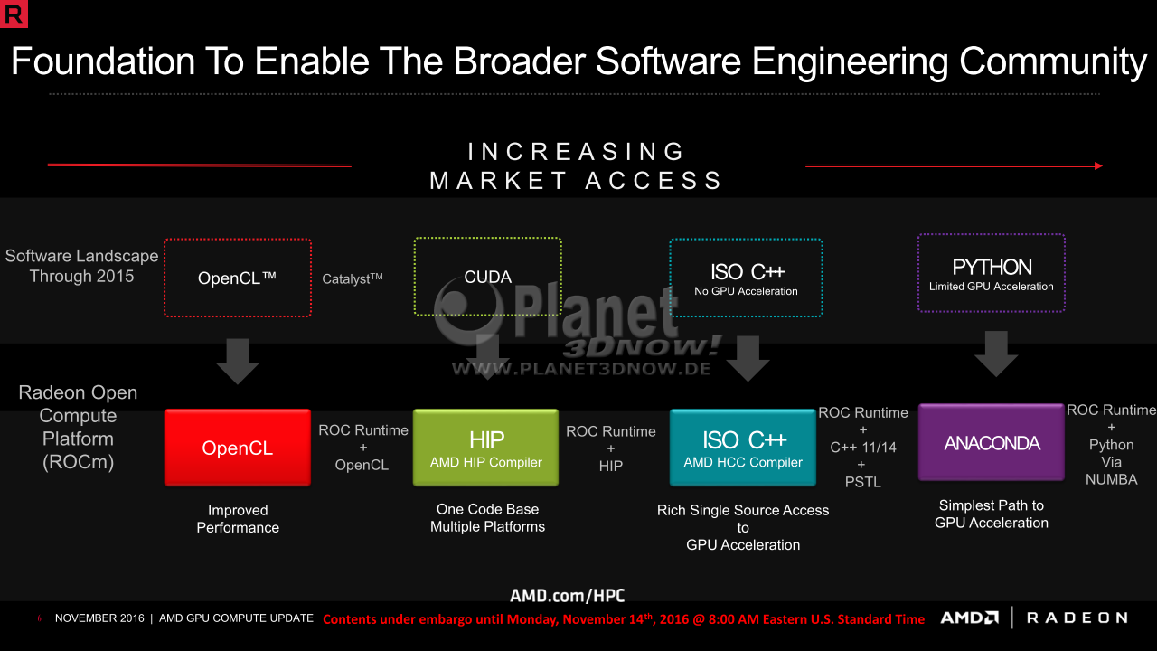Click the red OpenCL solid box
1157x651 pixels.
point(238,448)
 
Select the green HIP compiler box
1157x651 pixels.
point(485,448)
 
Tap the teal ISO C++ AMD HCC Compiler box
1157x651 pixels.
point(743,448)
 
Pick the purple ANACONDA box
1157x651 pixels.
point(992,442)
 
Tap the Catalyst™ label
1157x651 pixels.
point(353,278)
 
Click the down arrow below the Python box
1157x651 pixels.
point(996,354)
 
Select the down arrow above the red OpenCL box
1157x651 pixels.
point(238,362)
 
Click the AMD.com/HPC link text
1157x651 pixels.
point(567,596)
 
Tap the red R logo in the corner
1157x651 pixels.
point(14,14)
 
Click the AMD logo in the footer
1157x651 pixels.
point(970,618)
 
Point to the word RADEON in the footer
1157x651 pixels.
point(1077,618)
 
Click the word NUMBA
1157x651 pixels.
point(1111,479)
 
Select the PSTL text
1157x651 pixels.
point(862,482)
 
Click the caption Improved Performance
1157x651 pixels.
point(238,519)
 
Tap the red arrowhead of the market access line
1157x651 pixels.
point(1098,165)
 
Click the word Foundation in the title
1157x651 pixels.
point(103,61)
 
